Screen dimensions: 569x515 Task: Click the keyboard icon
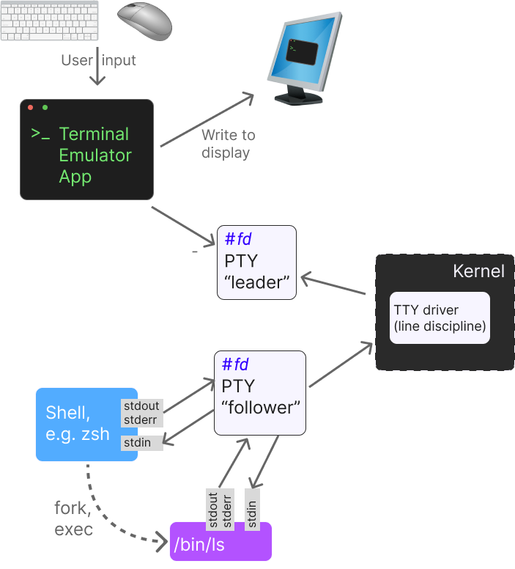pyautogui.click(x=49, y=21)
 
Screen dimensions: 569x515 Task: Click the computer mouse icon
pyautogui.click(x=146, y=21)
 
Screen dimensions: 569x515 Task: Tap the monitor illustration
pyautogui.click(x=302, y=59)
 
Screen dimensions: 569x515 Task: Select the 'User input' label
pyautogui.click(x=98, y=60)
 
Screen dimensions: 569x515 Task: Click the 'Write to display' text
pyautogui.click(x=227, y=144)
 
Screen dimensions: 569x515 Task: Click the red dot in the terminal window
pyautogui.click(x=31, y=108)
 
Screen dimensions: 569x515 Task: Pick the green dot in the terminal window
pyautogui.click(x=45, y=108)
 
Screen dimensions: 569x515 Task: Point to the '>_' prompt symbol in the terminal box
pyautogui.click(x=40, y=134)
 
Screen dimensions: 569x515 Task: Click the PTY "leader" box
pyautogui.click(x=256, y=262)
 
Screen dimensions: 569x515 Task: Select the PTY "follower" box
pyautogui.click(x=259, y=392)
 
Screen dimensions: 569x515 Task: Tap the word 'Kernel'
pyautogui.click(x=478, y=271)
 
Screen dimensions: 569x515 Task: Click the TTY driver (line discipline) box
pyautogui.click(x=440, y=317)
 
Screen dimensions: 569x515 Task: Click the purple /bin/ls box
pyautogui.click(x=220, y=541)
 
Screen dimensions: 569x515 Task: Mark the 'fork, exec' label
pyautogui.click(x=73, y=518)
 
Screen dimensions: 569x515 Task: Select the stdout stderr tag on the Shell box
pyautogui.click(x=141, y=413)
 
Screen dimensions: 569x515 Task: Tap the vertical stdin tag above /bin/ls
pyautogui.click(x=252, y=510)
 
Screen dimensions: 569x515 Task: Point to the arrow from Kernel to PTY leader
pyautogui.click(x=333, y=285)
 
